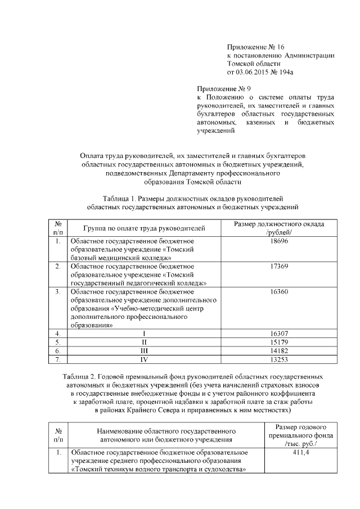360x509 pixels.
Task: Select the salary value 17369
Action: (279, 266)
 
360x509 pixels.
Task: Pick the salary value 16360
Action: (279, 292)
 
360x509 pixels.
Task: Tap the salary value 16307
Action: (279, 334)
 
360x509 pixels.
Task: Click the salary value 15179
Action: (279, 342)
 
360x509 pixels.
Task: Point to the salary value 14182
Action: (279, 350)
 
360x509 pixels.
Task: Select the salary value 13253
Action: (279, 359)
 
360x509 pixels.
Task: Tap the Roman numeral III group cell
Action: (144, 350)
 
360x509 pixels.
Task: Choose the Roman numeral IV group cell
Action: (144, 359)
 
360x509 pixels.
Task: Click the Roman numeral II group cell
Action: (144, 342)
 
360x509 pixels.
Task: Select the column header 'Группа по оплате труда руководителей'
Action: (144, 228)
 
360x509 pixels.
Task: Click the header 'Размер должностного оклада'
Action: (279, 224)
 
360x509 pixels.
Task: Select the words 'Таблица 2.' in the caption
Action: (80, 376)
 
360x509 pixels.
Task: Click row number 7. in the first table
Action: (58, 359)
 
